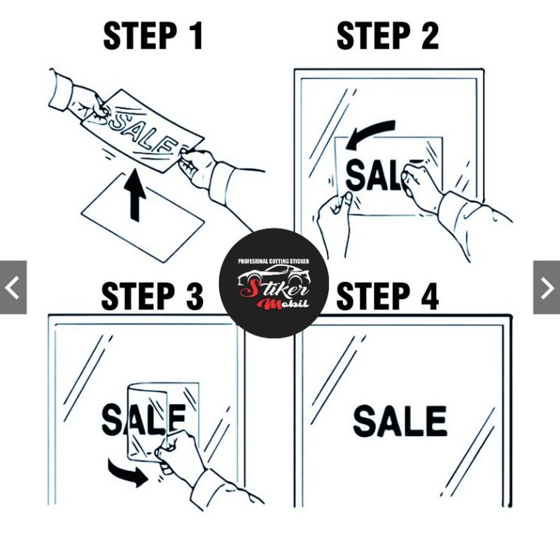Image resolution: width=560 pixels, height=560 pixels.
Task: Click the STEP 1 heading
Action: [x=153, y=36]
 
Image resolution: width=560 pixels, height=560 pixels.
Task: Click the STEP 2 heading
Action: [x=388, y=36]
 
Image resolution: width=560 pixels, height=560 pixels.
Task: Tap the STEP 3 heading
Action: [x=153, y=296]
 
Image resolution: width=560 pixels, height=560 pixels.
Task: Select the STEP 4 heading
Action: [x=388, y=296]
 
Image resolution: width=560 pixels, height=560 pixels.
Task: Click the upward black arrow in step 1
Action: [x=135, y=195]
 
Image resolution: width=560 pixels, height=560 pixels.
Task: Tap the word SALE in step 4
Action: [x=400, y=421]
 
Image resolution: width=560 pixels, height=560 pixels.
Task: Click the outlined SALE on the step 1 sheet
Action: [x=143, y=133]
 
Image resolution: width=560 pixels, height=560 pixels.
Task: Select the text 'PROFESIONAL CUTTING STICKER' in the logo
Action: [x=274, y=261]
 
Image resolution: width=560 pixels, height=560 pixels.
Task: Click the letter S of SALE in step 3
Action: [x=112, y=419]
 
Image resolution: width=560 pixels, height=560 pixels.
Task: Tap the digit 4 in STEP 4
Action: [x=430, y=296]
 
